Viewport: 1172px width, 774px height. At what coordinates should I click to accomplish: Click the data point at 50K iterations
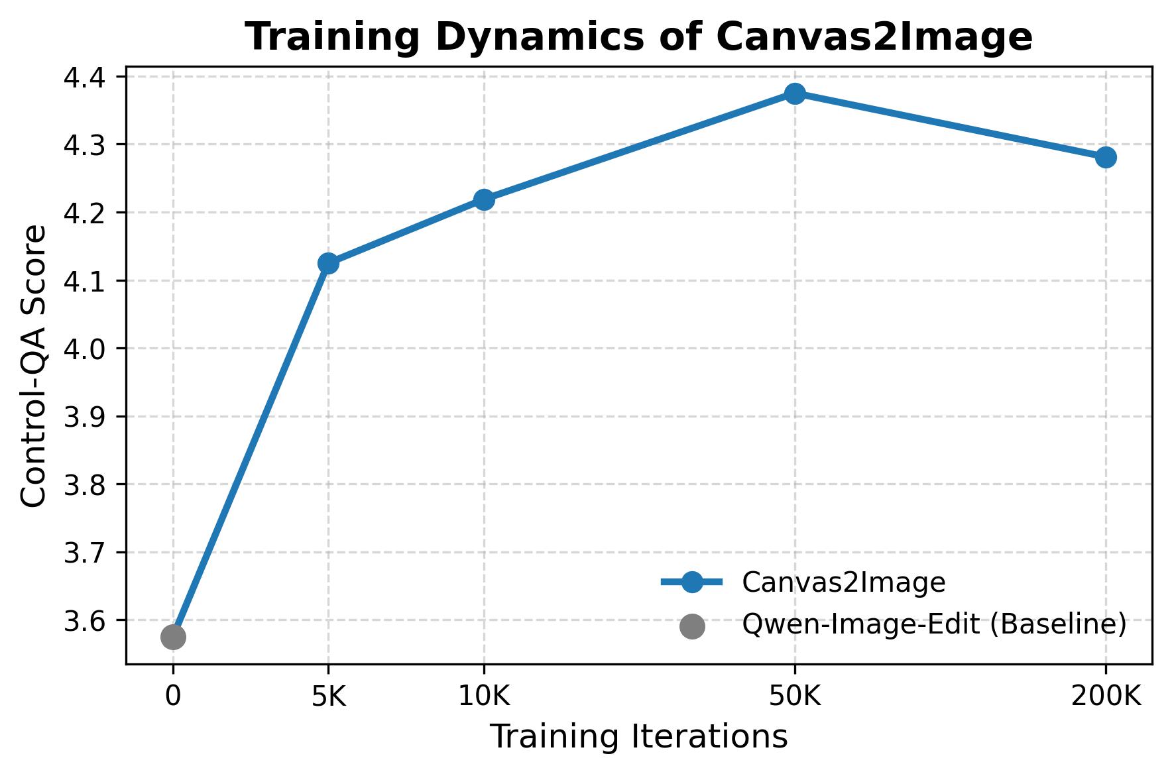(x=795, y=93)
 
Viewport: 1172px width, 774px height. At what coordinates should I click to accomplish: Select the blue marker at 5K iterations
(x=328, y=263)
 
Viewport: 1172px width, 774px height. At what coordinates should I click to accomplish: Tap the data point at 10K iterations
(x=484, y=199)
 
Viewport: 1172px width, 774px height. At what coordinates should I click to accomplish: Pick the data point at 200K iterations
(x=1106, y=158)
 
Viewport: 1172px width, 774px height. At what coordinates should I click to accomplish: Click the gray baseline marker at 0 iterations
(x=173, y=637)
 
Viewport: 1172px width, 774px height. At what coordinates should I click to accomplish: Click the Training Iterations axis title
(x=638, y=737)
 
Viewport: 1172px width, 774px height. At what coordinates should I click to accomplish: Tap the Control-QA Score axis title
(x=34, y=366)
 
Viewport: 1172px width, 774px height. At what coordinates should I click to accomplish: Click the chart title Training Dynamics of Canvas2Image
(x=638, y=37)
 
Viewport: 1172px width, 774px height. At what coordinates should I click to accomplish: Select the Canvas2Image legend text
(x=843, y=582)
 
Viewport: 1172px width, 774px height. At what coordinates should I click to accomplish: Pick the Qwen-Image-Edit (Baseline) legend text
(x=934, y=624)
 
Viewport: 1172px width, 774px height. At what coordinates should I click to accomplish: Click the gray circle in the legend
(x=692, y=626)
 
